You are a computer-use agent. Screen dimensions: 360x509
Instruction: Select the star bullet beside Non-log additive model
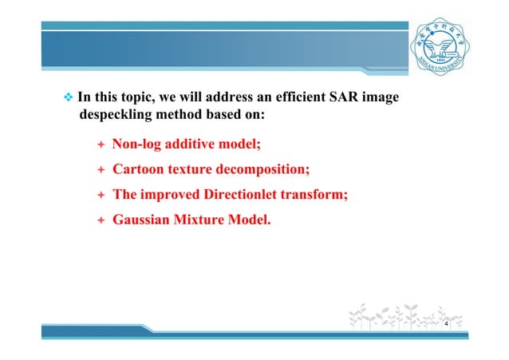tap(100, 145)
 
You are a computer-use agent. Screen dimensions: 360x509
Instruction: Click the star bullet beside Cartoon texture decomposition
tap(100, 170)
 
